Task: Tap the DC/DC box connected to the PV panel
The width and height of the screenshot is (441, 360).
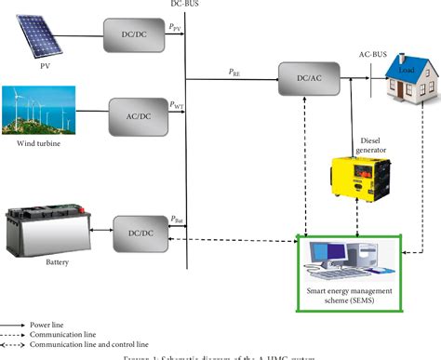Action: (131, 36)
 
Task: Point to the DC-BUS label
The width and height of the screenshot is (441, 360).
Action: (184, 5)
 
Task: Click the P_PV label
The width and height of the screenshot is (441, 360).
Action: (176, 28)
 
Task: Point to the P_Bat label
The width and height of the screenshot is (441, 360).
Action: (177, 219)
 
